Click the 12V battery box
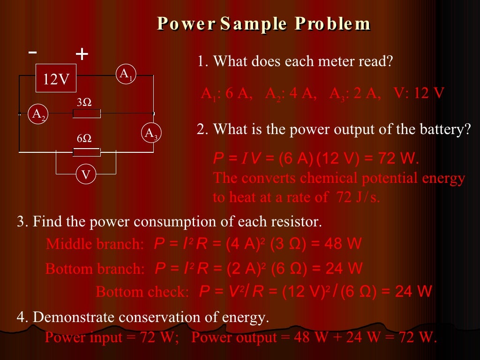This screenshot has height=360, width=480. [x=56, y=78]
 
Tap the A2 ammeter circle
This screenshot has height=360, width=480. [x=38, y=114]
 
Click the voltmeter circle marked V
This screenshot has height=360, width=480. [x=86, y=175]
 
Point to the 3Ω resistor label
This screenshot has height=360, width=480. [x=84, y=102]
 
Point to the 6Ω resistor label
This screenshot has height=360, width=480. [x=84, y=139]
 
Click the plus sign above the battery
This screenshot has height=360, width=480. [x=82, y=55]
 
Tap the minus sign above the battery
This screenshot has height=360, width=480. [x=32, y=52]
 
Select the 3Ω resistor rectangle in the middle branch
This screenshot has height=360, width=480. [x=87, y=113]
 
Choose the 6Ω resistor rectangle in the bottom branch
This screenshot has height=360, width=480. [x=87, y=152]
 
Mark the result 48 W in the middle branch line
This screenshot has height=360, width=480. [x=346, y=244]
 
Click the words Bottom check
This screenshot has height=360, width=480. [x=142, y=292]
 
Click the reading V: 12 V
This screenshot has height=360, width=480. [x=419, y=93]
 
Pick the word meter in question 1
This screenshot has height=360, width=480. [x=350, y=61]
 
